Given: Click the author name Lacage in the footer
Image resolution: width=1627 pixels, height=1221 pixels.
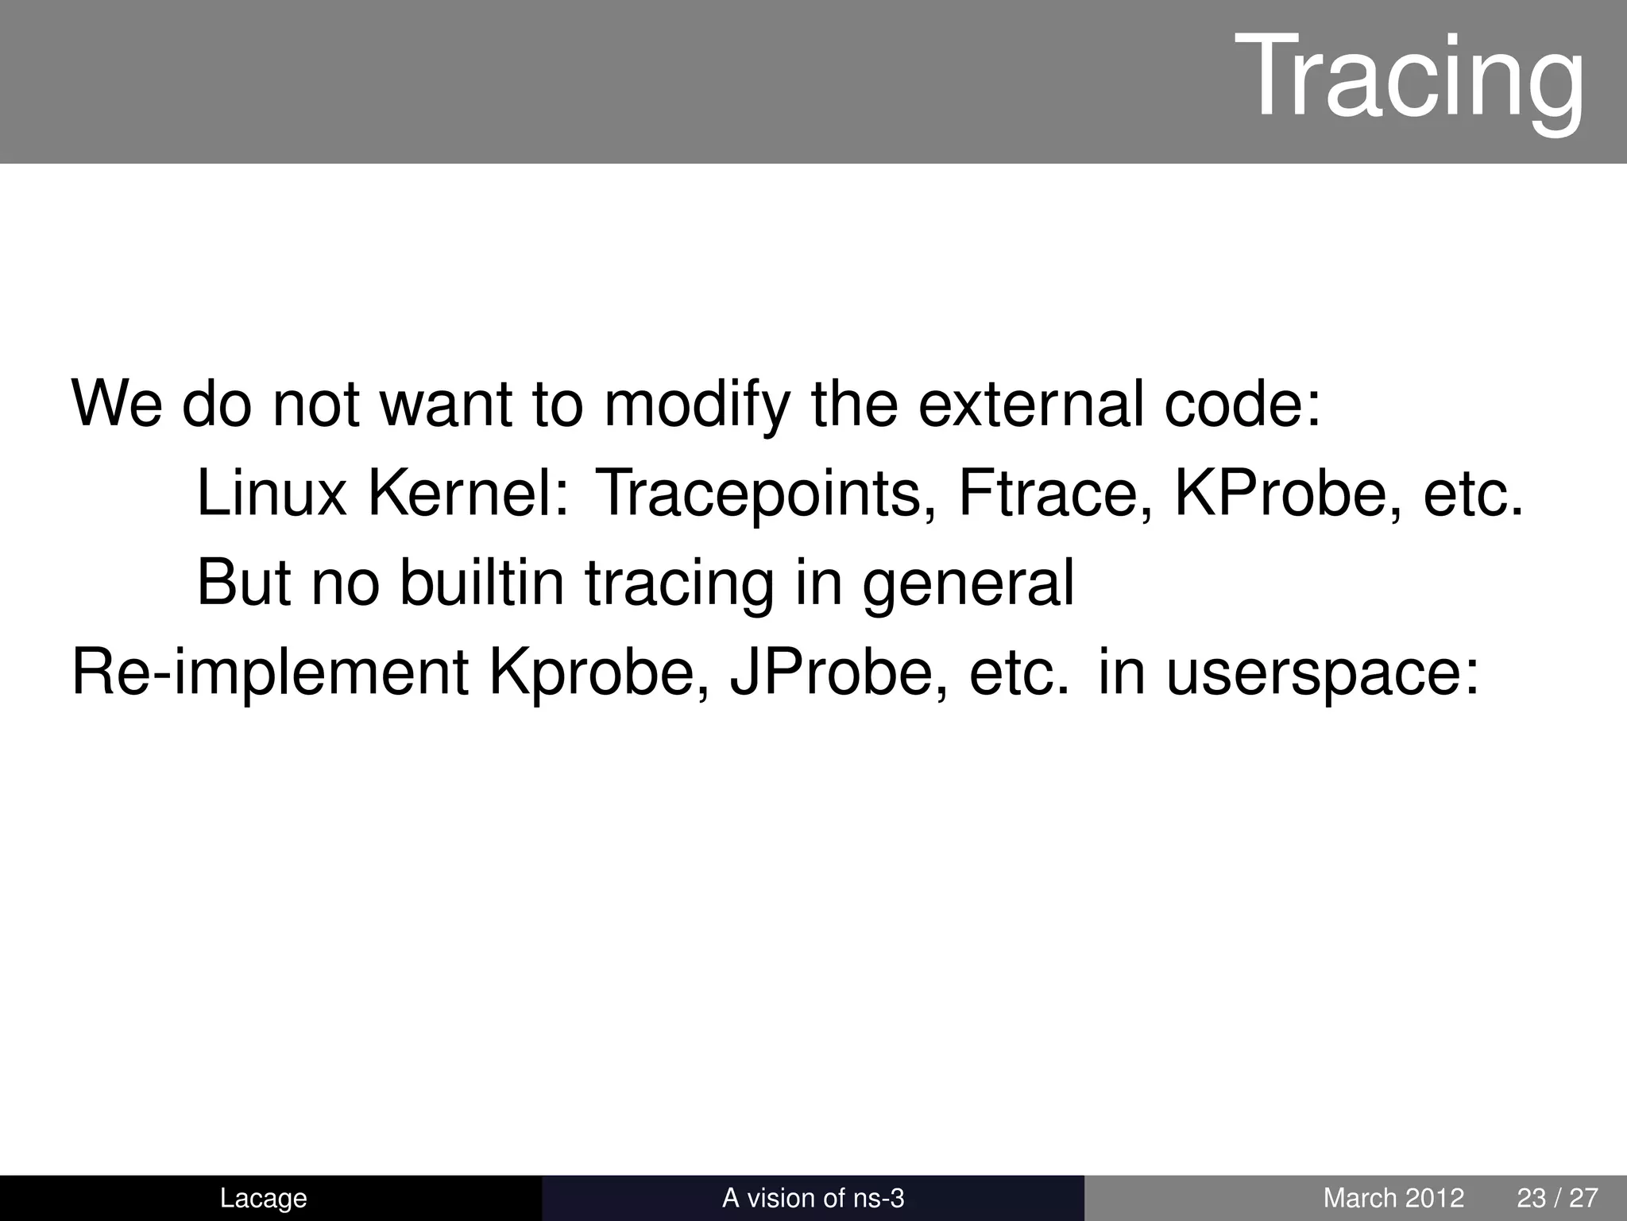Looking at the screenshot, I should (263, 1198).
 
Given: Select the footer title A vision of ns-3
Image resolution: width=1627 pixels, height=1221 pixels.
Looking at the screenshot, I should (813, 1198).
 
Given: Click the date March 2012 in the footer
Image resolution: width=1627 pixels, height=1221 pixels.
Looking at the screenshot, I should (1393, 1198).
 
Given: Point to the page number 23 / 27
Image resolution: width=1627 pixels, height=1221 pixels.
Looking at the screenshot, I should (1557, 1198).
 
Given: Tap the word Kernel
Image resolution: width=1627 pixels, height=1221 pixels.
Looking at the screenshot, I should (469, 494).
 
